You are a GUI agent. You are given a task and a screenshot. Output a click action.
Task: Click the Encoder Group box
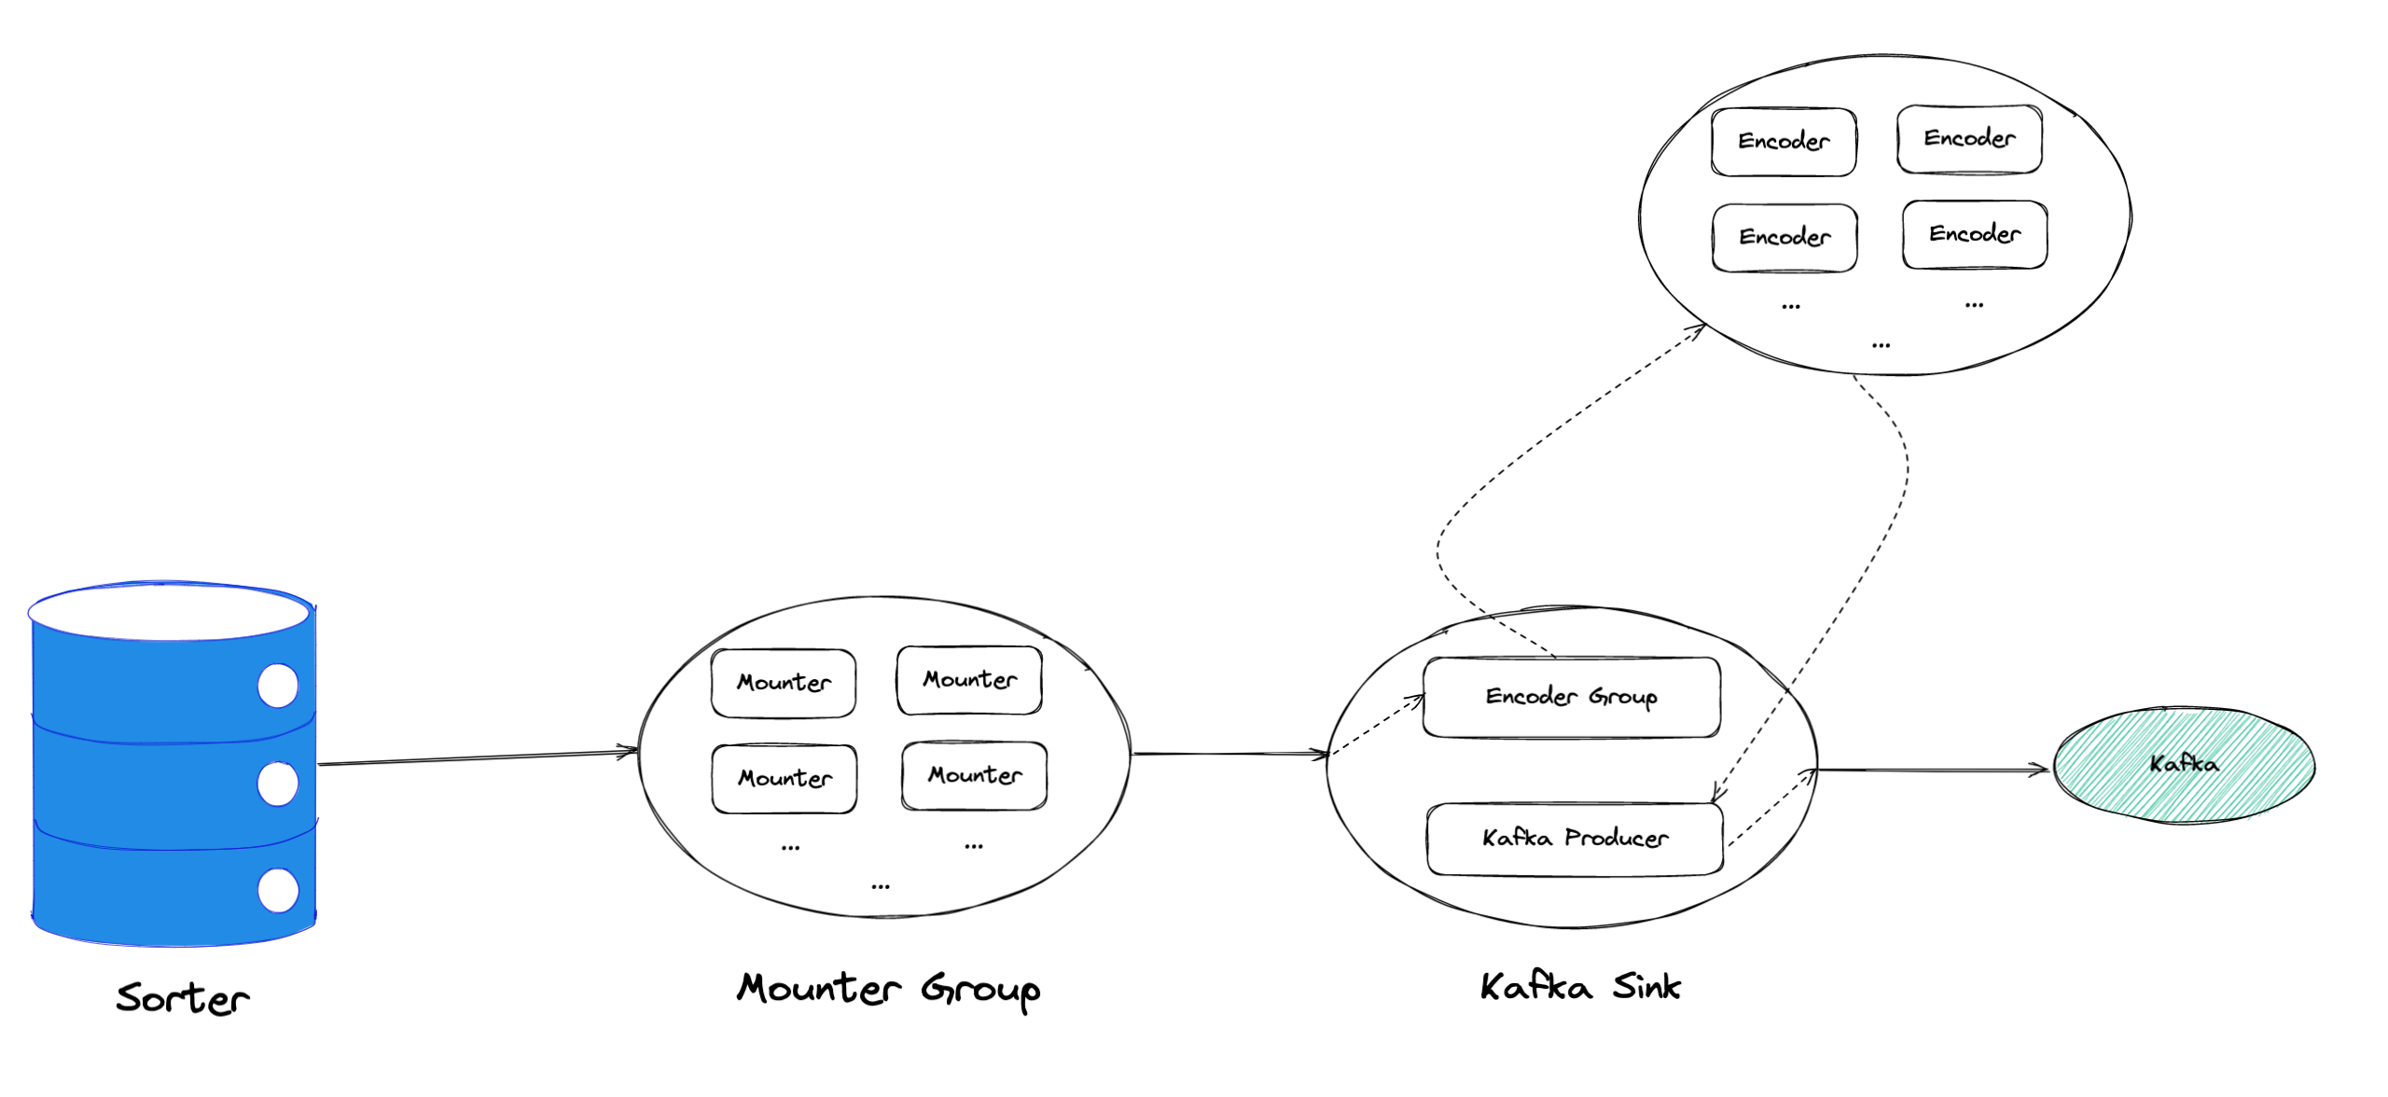[x=1571, y=697]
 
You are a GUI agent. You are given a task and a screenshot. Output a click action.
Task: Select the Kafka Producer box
[x=1575, y=839]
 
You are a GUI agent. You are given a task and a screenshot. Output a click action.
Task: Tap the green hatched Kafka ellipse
[x=2183, y=765]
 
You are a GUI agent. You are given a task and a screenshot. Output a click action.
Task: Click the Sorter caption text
[x=183, y=998]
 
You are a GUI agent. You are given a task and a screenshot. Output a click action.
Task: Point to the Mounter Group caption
[x=888, y=989]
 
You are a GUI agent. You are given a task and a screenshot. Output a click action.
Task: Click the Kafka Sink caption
[x=1580, y=987]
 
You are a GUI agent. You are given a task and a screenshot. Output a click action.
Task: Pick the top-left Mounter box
[x=784, y=683]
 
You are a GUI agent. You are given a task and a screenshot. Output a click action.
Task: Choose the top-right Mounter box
[x=969, y=680]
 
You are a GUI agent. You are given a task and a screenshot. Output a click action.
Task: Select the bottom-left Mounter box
[x=784, y=779]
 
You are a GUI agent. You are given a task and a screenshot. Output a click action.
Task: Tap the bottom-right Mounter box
[x=974, y=775]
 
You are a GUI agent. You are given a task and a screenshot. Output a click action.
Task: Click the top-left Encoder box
[x=1783, y=142]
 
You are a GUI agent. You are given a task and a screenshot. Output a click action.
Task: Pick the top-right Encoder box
[x=1969, y=139]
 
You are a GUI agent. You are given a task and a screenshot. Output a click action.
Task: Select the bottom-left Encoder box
[x=1784, y=237]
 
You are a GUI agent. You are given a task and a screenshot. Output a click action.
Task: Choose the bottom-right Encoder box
[x=1975, y=234]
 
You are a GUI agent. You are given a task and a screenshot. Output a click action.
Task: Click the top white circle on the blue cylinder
[x=278, y=686]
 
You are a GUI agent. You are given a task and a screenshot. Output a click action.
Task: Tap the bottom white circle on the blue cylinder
[x=278, y=890]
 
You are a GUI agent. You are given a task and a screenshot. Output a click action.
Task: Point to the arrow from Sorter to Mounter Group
[x=476, y=757]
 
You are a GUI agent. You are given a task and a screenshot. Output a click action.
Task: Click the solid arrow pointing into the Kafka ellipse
[x=1931, y=770]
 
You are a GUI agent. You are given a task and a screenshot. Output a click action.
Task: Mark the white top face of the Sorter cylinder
[x=168, y=613]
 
